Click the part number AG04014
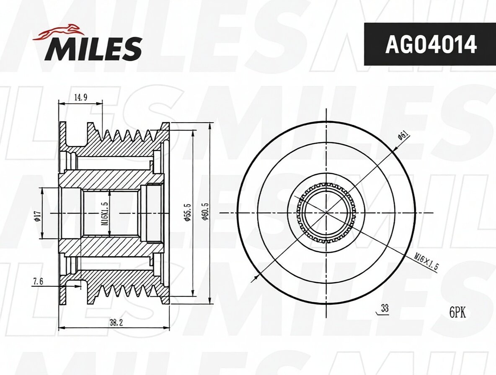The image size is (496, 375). click(x=431, y=44)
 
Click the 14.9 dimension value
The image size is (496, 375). click(x=81, y=98)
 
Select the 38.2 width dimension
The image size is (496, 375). click(x=116, y=323)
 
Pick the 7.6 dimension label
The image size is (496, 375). click(x=37, y=282)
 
